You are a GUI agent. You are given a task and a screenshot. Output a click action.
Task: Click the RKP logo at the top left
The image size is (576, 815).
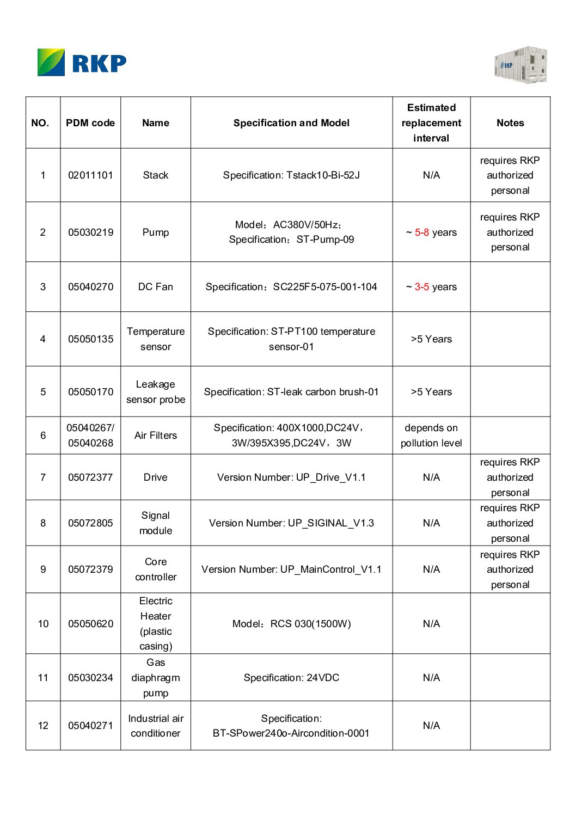(82, 63)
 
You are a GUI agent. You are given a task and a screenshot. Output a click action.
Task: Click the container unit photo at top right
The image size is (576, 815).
(520, 65)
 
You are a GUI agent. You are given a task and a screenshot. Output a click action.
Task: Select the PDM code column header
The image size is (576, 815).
(90, 123)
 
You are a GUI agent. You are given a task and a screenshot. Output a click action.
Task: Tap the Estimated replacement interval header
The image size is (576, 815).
(431, 123)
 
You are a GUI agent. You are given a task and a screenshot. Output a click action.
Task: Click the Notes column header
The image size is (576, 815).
(510, 123)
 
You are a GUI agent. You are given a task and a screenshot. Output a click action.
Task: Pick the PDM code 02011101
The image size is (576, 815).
(90, 175)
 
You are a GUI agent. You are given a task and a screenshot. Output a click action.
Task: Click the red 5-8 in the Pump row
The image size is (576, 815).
(422, 232)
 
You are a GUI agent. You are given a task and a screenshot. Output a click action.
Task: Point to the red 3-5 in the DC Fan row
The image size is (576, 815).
(422, 287)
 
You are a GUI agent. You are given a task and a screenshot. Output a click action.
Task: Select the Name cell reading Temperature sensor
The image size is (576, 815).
(156, 339)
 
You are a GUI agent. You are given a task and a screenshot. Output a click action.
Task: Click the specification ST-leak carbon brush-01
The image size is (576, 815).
(291, 392)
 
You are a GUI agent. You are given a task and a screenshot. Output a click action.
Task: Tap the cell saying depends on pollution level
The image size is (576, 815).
(431, 436)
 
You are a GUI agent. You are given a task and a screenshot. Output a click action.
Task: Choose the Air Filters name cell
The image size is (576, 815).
(156, 436)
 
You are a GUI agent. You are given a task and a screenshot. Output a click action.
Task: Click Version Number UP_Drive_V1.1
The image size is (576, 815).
(291, 477)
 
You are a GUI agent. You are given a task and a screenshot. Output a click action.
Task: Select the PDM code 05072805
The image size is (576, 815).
(90, 523)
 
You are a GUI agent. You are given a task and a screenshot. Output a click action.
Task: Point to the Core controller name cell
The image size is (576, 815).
(156, 569)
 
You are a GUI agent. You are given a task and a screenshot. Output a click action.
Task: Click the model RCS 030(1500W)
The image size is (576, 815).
(291, 624)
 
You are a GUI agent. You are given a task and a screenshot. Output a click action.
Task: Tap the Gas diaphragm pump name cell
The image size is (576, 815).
(156, 678)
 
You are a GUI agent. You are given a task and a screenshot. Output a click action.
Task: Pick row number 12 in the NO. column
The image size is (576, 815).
(43, 726)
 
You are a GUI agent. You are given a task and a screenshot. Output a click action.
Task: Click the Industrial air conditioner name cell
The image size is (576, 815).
(156, 726)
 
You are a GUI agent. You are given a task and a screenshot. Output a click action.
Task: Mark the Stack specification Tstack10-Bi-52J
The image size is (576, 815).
(291, 175)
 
